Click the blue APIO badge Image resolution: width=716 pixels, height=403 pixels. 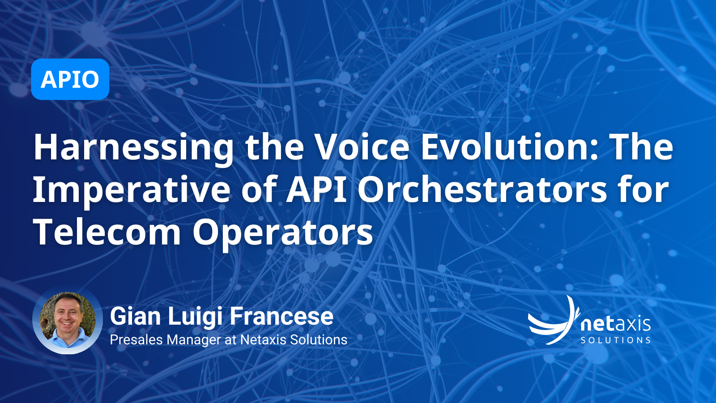70,79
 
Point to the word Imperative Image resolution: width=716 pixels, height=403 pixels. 132,191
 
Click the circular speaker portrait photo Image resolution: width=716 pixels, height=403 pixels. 68,320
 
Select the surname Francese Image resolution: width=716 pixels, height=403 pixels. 281,316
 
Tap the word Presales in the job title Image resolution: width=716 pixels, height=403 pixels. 136,340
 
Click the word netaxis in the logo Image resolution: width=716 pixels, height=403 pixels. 616,324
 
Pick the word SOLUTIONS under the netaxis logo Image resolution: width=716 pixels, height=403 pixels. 616,340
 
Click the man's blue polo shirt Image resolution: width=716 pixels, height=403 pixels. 68,339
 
